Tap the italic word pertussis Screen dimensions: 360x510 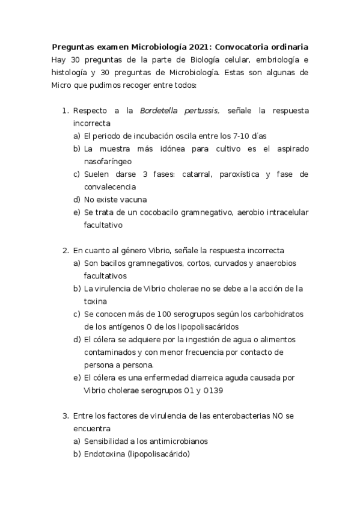click(x=203, y=111)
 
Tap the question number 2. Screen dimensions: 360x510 click(x=66, y=250)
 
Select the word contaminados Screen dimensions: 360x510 click(x=110, y=352)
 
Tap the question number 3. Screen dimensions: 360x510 click(x=66, y=416)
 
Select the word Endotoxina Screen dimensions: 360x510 click(x=105, y=454)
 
